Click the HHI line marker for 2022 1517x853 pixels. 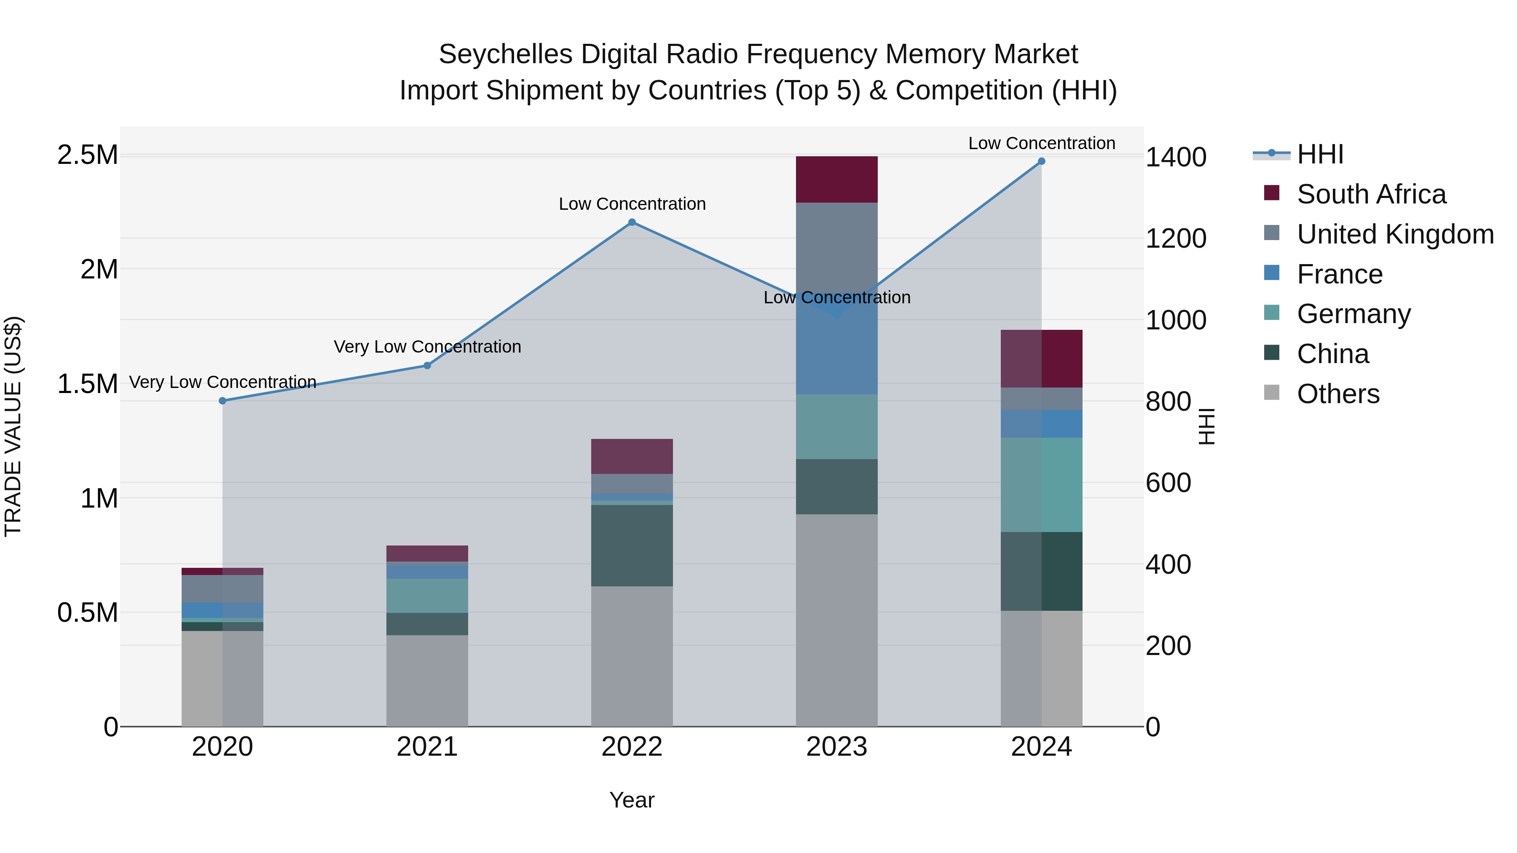pyautogui.click(x=632, y=222)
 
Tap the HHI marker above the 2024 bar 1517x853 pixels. pyautogui.click(x=1041, y=161)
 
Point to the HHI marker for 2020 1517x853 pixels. pyautogui.click(x=222, y=401)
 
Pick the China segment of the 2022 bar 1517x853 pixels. pyautogui.click(x=632, y=545)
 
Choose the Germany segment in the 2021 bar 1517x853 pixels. pyautogui.click(x=427, y=595)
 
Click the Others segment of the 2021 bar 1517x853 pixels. pyautogui.click(x=427, y=680)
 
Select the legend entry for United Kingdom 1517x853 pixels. pyautogui.click(x=1394, y=234)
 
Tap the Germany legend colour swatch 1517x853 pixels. pyautogui.click(x=1271, y=313)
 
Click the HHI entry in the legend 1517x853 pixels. pyautogui.click(x=1320, y=154)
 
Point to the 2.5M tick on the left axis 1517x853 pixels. pyautogui.click(x=87, y=155)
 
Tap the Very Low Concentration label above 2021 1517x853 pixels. pyautogui.click(x=427, y=347)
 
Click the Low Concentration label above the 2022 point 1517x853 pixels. pyautogui.click(x=632, y=204)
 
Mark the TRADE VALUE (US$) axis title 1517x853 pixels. pyautogui.click(x=13, y=426)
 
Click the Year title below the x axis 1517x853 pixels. pyautogui.click(x=632, y=800)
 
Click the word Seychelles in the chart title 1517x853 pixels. pyautogui.click(x=505, y=54)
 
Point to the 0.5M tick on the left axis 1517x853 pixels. pyautogui.click(x=87, y=613)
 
